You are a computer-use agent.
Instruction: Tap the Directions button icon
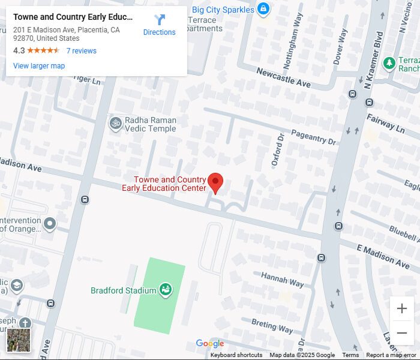tap(160, 20)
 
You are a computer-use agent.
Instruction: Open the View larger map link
tap(39, 66)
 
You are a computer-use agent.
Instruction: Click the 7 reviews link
tap(81, 51)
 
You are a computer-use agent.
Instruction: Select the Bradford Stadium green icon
tap(166, 290)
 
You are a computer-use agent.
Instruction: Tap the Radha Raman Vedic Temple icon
tap(115, 124)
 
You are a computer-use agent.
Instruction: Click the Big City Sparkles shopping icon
tap(263, 9)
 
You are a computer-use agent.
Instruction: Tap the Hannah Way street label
tap(283, 280)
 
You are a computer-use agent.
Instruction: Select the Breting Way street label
tap(272, 326)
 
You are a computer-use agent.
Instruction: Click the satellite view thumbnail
tap(18, 340)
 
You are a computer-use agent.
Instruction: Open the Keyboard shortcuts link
tap(236, 355)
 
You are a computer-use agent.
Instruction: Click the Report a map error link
tap(391, 355)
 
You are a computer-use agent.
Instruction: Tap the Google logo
tap(210, 344)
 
